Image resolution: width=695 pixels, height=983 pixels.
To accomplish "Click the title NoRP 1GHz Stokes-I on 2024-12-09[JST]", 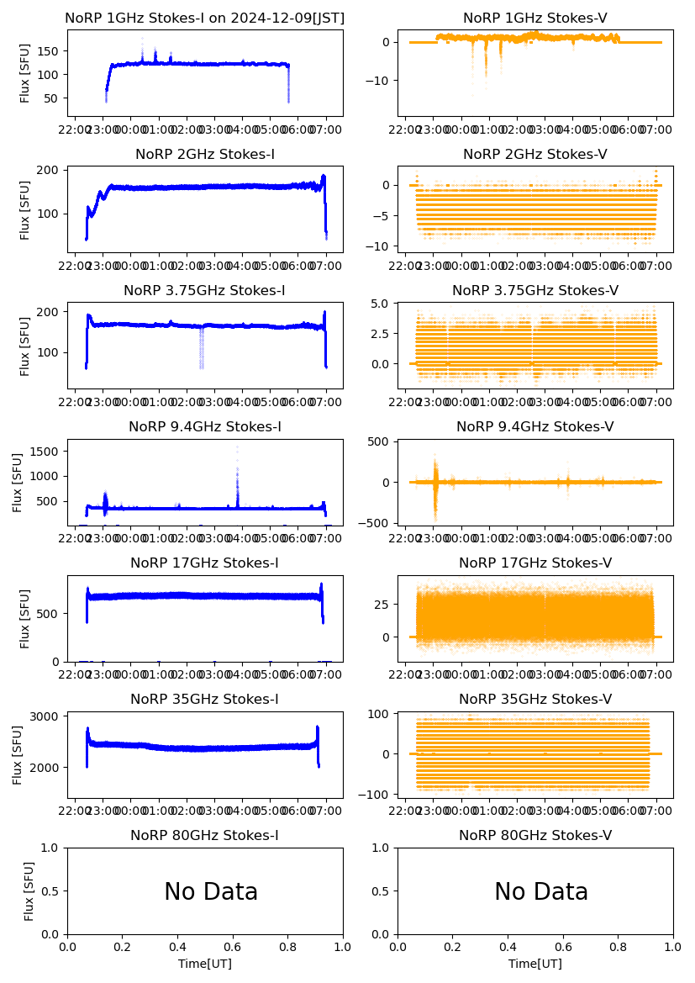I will click(x=204, y=18).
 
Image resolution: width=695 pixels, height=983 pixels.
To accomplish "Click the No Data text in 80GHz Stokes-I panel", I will click(x=210, y=892).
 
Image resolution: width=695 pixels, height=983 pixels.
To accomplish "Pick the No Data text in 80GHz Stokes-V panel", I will click(x=540, y=892).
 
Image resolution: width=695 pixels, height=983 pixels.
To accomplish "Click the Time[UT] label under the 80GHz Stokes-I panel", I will click(x=204, y=964).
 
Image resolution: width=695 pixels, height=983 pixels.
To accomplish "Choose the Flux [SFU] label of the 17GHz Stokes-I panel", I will click(x=26, y=619).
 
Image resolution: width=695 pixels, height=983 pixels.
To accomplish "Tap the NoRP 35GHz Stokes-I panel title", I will click(x=204, y=700).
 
